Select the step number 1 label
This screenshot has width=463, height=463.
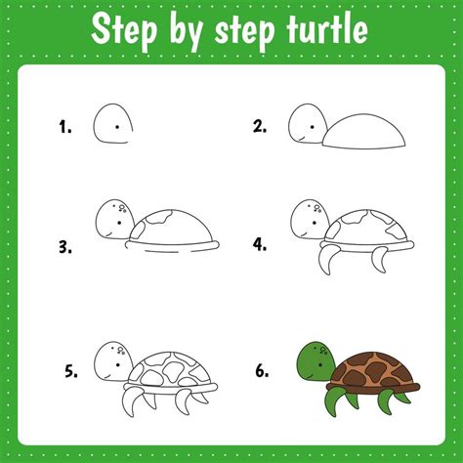coord(65,125)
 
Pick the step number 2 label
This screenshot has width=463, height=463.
coord(260,125)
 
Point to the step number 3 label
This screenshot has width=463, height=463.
coord(65,246)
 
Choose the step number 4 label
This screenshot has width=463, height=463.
coord(260,243)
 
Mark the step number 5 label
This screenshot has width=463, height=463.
coord(71,370)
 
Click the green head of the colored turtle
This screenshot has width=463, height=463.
coord(314,360)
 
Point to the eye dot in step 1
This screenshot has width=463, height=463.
coord(117,126)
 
